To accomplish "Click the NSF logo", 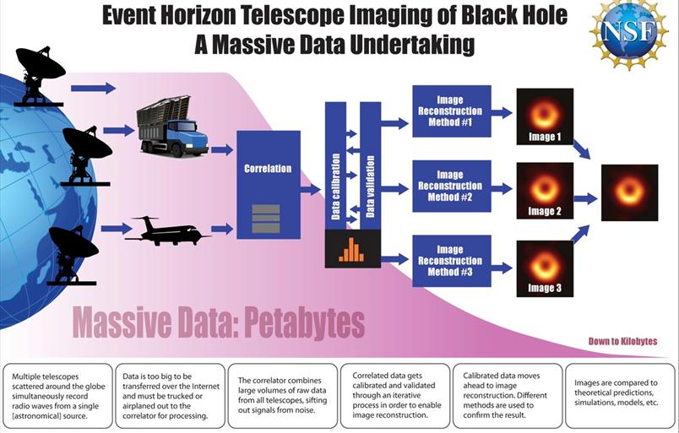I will [628, 34].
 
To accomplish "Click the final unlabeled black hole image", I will [629, 192].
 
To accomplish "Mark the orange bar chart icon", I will [352, 248].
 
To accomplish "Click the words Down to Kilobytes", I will [622, 342].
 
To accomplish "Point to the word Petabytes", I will [300, 322].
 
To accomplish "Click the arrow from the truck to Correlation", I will [222, 150].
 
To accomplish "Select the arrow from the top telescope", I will [93, 88].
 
